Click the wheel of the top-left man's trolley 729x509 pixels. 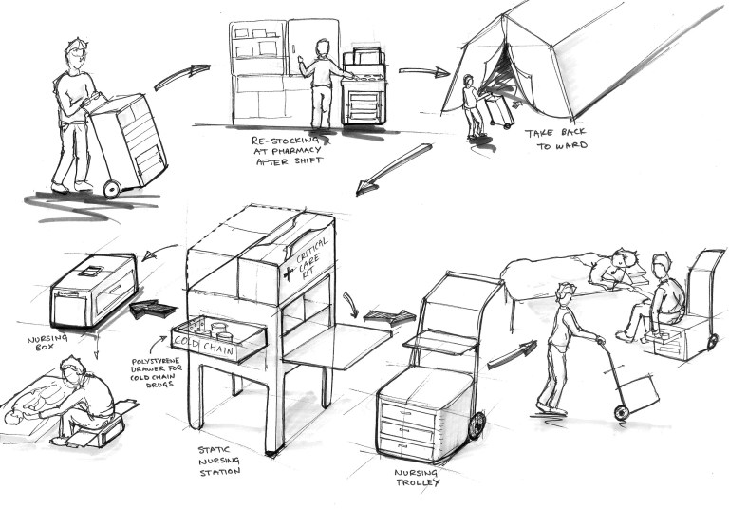[112, 187]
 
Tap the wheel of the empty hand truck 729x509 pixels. [620, 412]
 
